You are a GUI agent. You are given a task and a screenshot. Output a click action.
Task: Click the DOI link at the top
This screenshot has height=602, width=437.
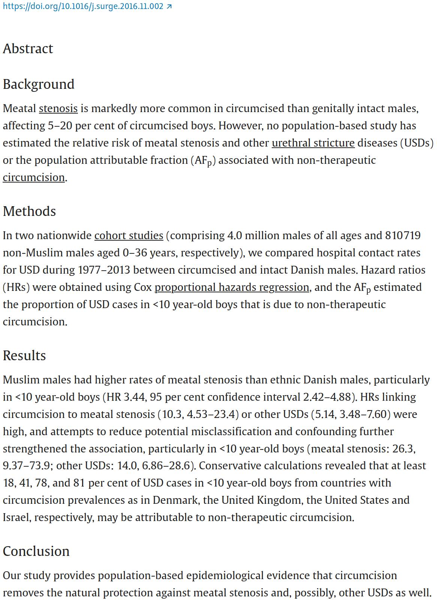[83, 6]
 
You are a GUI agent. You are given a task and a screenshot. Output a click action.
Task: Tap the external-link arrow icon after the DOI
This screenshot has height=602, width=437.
[169, 6]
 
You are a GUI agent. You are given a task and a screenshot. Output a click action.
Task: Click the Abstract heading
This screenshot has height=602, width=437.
[28, 49]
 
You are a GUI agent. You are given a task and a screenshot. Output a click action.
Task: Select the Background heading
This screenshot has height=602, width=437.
[39, 84]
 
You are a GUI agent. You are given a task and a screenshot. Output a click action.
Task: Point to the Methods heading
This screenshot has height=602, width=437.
[29, 211]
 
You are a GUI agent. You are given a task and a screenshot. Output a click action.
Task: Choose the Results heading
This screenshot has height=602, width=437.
[24, 356]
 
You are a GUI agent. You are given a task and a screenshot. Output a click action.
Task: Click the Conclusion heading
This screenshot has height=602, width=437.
[36, 551]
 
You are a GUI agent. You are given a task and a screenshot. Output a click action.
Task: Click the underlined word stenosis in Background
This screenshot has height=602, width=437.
[58, 109]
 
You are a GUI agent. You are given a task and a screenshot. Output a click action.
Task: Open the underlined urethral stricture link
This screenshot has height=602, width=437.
[313, 143]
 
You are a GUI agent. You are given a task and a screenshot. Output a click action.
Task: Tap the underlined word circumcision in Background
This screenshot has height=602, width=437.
[34, 178]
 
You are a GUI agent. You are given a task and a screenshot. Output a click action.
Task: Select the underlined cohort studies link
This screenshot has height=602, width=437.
[129, 236]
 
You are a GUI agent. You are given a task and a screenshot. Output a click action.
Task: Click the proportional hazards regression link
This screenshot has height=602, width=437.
[232, 288]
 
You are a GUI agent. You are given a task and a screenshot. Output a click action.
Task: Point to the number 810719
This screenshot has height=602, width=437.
[403, 236]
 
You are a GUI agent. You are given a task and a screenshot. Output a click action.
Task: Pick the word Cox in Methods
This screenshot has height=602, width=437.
[143, 288]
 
